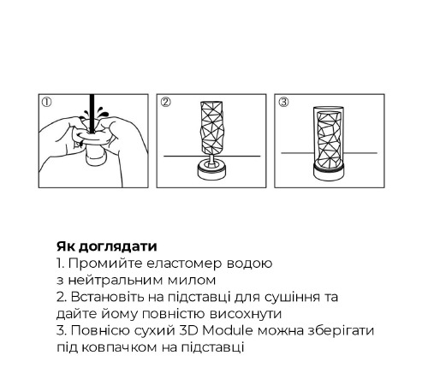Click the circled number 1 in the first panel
(48, 102)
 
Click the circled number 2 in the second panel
(165, 102)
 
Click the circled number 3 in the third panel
(283, 102)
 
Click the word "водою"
(249, 263)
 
